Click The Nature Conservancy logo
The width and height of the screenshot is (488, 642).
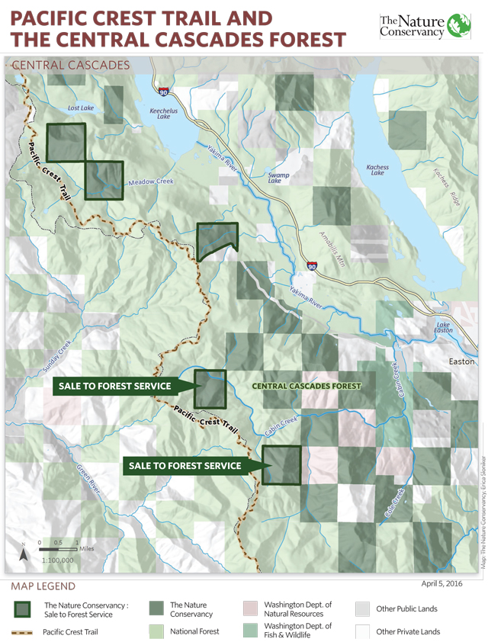pos(430,27)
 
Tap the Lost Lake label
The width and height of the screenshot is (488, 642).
pos(80,108)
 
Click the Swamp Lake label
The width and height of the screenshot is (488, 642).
pos(279,178)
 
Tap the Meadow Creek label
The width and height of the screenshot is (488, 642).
pos(151,182)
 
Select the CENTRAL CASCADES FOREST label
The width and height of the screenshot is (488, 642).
pos(307,387)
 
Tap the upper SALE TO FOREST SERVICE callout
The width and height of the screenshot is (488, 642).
pos(114,387)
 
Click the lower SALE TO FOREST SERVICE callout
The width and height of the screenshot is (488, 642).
pos(185,465)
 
